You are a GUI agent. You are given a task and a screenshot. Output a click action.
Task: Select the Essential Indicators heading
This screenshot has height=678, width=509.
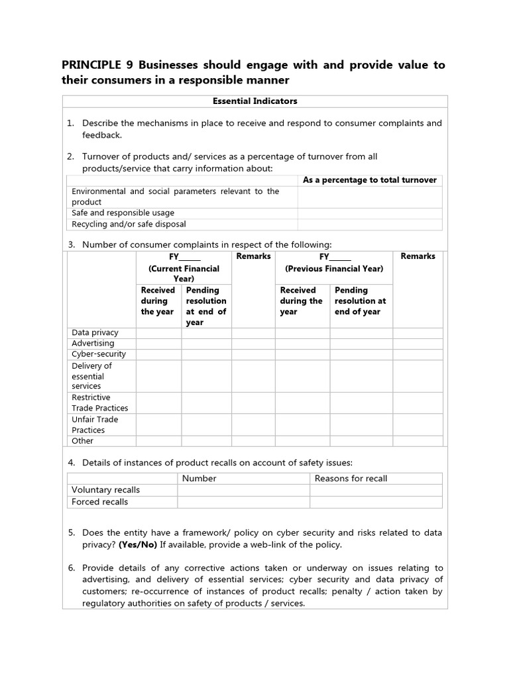(254, 101)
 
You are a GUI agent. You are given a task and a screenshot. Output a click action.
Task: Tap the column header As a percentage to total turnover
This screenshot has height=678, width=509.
(369, 180)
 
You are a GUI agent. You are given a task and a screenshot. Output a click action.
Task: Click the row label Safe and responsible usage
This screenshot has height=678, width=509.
(123, 213)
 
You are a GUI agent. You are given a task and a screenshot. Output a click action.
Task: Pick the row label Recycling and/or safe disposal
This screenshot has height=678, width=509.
(129, 224)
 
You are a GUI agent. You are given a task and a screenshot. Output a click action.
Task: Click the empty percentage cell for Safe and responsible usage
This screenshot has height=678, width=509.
(369, 213)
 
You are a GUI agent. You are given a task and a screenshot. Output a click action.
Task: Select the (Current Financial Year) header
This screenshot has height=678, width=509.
(184, 273)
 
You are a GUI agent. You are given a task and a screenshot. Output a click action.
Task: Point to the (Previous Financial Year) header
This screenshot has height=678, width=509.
(334, 269)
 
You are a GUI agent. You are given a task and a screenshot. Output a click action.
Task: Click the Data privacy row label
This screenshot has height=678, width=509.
(95, 332)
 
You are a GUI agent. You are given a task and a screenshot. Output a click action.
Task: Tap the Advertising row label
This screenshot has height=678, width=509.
(93, 343)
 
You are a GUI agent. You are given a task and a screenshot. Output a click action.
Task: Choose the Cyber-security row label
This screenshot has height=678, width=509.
(99, 354)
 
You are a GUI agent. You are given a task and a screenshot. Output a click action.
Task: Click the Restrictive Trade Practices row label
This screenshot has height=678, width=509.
(100, 403)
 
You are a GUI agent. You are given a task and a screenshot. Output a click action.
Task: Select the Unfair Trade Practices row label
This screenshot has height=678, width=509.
(95, 424)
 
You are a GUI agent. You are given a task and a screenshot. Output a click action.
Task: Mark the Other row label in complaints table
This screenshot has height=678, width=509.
(83, 441)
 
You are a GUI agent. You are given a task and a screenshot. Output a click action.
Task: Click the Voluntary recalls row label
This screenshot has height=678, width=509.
(105, 490)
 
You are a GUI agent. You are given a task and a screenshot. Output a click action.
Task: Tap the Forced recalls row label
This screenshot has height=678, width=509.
(100, 502)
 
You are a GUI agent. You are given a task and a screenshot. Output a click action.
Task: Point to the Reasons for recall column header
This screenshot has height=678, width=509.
(351, 479)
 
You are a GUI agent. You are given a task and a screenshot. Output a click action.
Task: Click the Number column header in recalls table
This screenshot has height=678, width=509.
(199, 479)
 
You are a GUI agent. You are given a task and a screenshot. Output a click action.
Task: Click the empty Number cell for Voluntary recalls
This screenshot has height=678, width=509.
(243, 490)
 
